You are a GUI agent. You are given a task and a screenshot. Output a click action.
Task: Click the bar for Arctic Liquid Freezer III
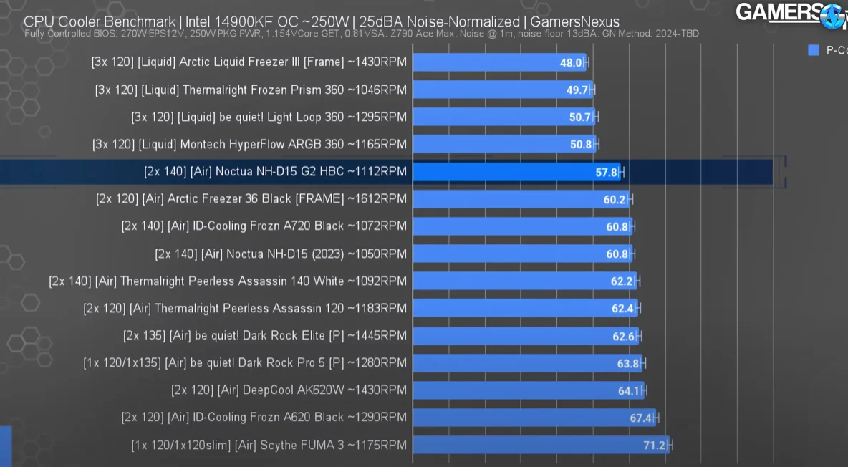point(499,62)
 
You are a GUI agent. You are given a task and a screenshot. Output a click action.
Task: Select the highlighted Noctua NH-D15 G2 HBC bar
point(516,172)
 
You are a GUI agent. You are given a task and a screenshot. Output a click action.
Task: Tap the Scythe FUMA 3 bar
point(541,445)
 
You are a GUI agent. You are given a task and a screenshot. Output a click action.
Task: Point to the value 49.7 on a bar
point(577,90)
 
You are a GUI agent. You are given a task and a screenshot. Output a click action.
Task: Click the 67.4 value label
point(640,418)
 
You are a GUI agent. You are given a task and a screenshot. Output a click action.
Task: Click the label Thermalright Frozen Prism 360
point(251,90)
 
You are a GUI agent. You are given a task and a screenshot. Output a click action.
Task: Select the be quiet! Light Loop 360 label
point(269,117)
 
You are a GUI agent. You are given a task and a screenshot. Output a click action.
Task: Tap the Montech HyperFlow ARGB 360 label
point(249,145)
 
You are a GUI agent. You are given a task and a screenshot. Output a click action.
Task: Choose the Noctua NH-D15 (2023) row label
point(281,254)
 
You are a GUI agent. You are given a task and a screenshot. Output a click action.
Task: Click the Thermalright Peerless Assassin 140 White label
point(228,281)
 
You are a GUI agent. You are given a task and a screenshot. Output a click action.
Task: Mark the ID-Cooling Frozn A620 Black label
point(264,417)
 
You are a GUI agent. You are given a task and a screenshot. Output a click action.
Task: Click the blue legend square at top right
point(813,50)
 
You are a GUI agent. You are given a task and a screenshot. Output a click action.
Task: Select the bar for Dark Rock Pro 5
point(526,363)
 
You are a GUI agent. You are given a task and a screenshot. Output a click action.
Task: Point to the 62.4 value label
point(622,309)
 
